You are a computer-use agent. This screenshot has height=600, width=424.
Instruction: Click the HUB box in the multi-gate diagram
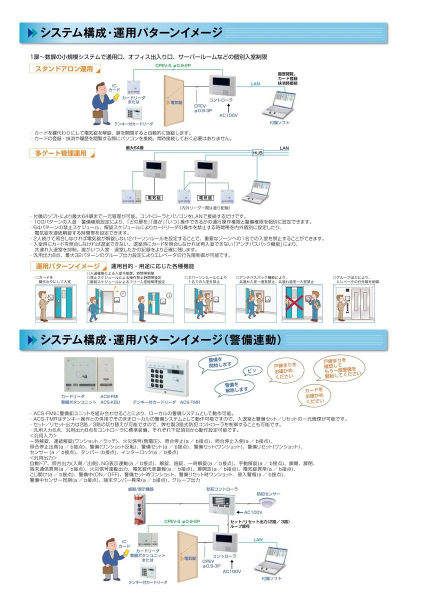(x=257, y=153)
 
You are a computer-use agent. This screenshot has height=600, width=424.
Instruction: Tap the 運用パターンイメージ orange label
(x=68, y=265)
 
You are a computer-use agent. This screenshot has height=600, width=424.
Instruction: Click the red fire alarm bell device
(x=139, y=508)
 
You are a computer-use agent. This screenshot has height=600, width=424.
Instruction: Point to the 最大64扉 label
(x=134, y=148)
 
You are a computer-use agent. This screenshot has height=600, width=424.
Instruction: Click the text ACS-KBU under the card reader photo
(x=108, y=401)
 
